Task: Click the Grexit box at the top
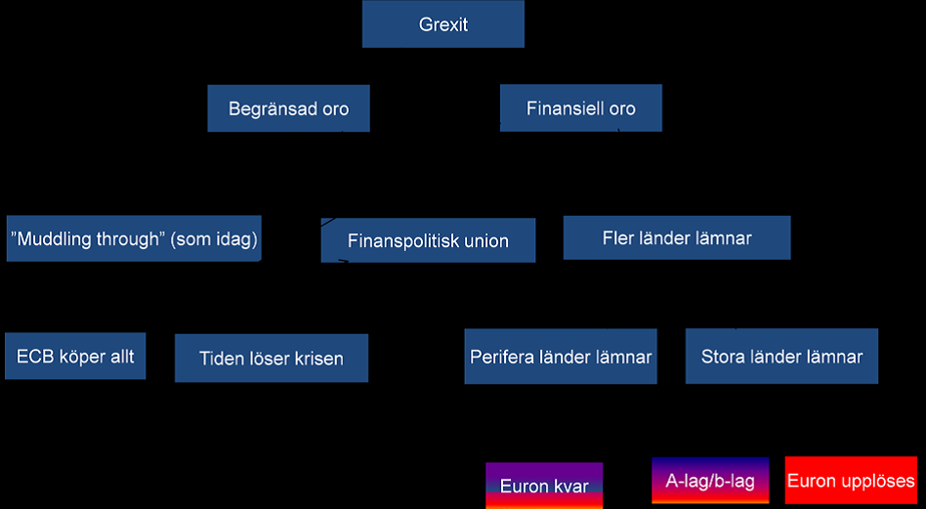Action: coord(442,24)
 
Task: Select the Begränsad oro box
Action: coord(288,108)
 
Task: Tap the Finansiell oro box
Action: coord(580,108)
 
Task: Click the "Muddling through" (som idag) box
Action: coord(134,239)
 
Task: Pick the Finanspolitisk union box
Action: coord(428,240)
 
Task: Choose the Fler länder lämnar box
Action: coord(676,237)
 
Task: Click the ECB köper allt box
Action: coord(75,357)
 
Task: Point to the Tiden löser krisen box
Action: coord(271,359)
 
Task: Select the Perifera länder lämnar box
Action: coord(560,357)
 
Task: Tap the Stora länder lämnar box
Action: coord(781,357)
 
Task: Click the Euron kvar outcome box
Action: coord(544,485)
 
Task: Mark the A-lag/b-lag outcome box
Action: coord(710,480)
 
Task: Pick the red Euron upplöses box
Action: coord(851,480)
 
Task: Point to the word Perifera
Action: coord(502,357)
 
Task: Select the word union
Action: coord(484,240)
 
